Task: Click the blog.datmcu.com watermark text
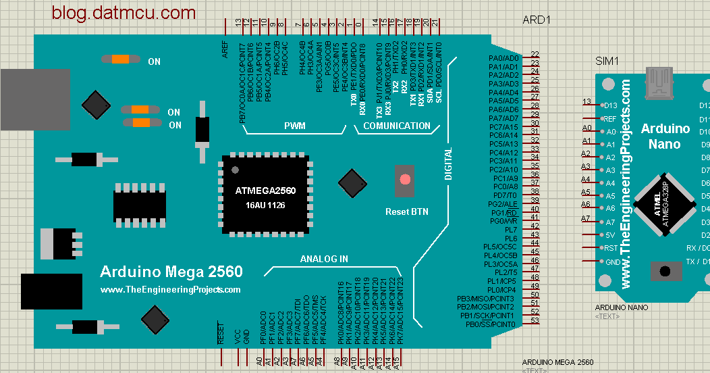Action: pyautogui.click(x=124, y=12)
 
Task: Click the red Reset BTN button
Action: pyautogui.click(x=405, y=180)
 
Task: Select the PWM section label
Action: pyautogui.click(x=294, y=126)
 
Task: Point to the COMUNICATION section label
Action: pyautogui.click(x=397, y=126)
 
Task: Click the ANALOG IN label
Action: pyautogui.click(x=324, y=259)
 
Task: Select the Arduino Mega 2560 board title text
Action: pyautogui.click(x=171, y=272)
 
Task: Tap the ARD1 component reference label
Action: pyautogui.click(x=537, y=20)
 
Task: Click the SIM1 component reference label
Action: pyautogui.click(x=607, y=61)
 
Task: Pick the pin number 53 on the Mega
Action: pyautogui.click(x=535, y=321)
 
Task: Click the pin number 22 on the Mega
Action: pyautogui.click(x=535, y=55)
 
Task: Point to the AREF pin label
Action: pyautogui.click(x=225, y=51)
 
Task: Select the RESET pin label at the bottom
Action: pyautogui.click(x=221, y=334)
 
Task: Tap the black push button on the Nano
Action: pyautogui.click(x=665, y=271)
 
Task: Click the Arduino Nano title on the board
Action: pyautogui.click(x=665, y=136)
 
